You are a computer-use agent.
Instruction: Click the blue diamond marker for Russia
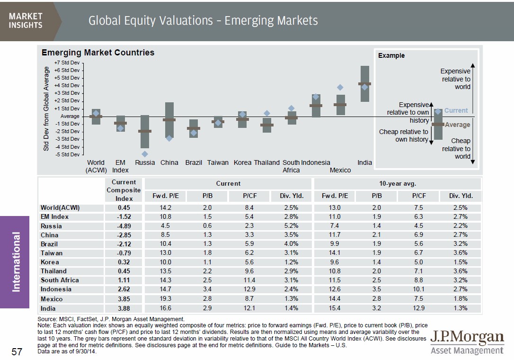coord(145,154)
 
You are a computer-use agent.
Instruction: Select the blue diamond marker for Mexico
coord(340,87)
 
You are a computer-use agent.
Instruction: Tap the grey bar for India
coord(364,84)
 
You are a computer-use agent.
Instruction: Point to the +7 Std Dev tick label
coord(67,62)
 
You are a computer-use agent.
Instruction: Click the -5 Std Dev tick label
coord(67,154)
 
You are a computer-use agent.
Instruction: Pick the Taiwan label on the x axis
coord(218,162)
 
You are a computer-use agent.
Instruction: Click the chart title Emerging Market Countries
coord(98,53)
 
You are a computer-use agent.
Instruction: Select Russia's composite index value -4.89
coord(124,226)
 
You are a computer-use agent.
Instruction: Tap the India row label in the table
coord(48,308)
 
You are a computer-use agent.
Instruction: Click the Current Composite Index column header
coord(124,190)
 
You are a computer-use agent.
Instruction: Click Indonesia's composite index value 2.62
coord(124,289)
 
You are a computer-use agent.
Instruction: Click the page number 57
coord(17,352)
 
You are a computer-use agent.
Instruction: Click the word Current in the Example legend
coord(456,110)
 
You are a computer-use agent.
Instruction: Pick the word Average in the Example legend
coord(458,125)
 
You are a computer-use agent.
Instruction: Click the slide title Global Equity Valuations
coord(203,21)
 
